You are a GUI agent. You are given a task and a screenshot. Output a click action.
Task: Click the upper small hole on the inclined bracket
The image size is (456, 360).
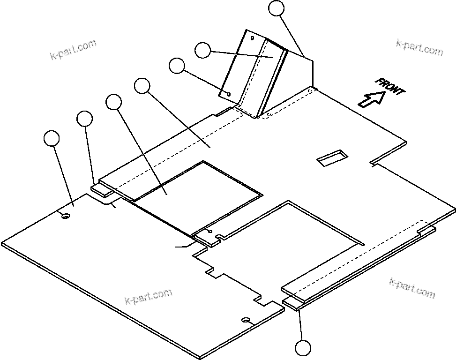coord(252,38)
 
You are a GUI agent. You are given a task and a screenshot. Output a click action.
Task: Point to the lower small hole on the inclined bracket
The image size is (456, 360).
coord(228,94)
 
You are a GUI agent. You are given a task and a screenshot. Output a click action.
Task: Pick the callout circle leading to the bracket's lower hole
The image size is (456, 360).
coord(177,66)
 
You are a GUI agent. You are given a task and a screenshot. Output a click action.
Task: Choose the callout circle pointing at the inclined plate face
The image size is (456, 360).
coord(202,50)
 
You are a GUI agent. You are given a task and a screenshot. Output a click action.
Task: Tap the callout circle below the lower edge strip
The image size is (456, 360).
coord(303,348)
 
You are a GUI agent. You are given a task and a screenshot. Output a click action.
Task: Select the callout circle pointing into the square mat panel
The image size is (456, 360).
coord(114,102)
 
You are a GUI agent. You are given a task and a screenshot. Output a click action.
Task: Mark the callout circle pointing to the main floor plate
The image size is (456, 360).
coord(142,86)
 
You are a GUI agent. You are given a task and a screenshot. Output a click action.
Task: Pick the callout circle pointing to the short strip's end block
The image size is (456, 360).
coord(84,118)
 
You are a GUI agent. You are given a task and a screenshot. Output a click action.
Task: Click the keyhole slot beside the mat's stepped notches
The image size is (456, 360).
coord(246,320)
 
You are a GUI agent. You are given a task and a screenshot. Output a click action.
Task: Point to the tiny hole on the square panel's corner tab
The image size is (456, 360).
coord(209,232)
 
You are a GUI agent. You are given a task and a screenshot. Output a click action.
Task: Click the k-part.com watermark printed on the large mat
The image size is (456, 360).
coord(149,296)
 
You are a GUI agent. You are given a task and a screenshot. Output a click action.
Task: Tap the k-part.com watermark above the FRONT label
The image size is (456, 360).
coord(419,47)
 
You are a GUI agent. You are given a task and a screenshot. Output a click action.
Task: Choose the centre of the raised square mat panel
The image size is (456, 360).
coord(197,197)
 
